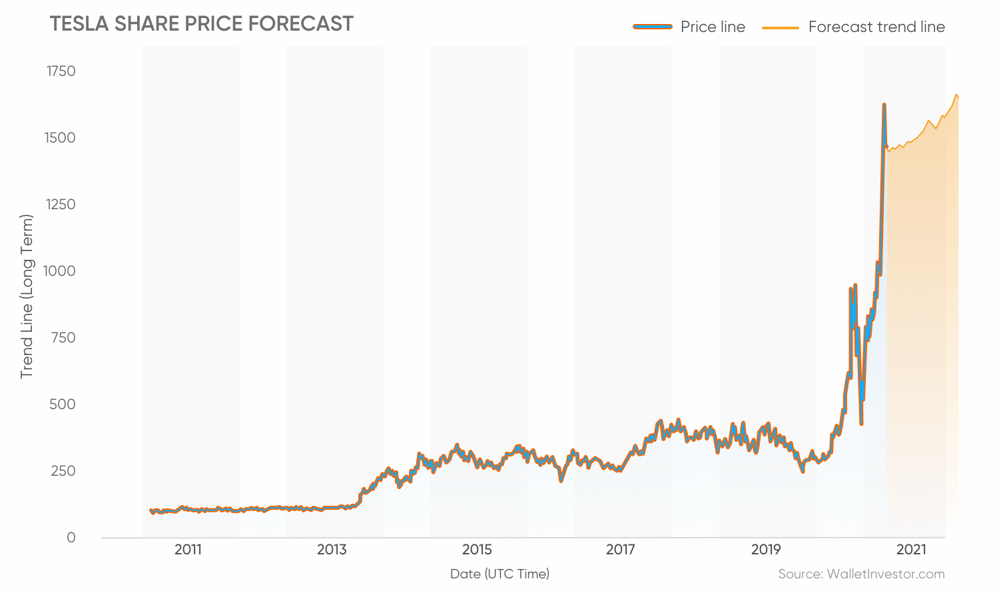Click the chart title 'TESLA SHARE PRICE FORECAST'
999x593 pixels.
[201, 24]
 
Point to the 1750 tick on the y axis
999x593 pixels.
[61, 71]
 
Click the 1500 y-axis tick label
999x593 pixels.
[61, 138]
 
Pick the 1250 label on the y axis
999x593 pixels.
[61, 205]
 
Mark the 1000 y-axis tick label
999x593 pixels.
[59, 271]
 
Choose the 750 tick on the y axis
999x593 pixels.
[63, 338]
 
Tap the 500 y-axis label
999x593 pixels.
[63, 404]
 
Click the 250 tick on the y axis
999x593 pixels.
[63, 471]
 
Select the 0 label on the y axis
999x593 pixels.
[71, 538]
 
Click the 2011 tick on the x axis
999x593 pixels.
[188, 550]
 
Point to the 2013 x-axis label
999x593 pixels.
[332, 550]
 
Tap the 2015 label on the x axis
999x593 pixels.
[477, 550]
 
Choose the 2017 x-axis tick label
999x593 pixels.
[621, 550]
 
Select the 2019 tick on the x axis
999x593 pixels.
[766, 550]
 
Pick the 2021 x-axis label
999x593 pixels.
[911, 550]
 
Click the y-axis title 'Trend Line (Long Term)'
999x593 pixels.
[27, 296]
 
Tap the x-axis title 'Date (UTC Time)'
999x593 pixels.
[499, 574]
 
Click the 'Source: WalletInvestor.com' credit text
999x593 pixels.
[861, 574]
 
